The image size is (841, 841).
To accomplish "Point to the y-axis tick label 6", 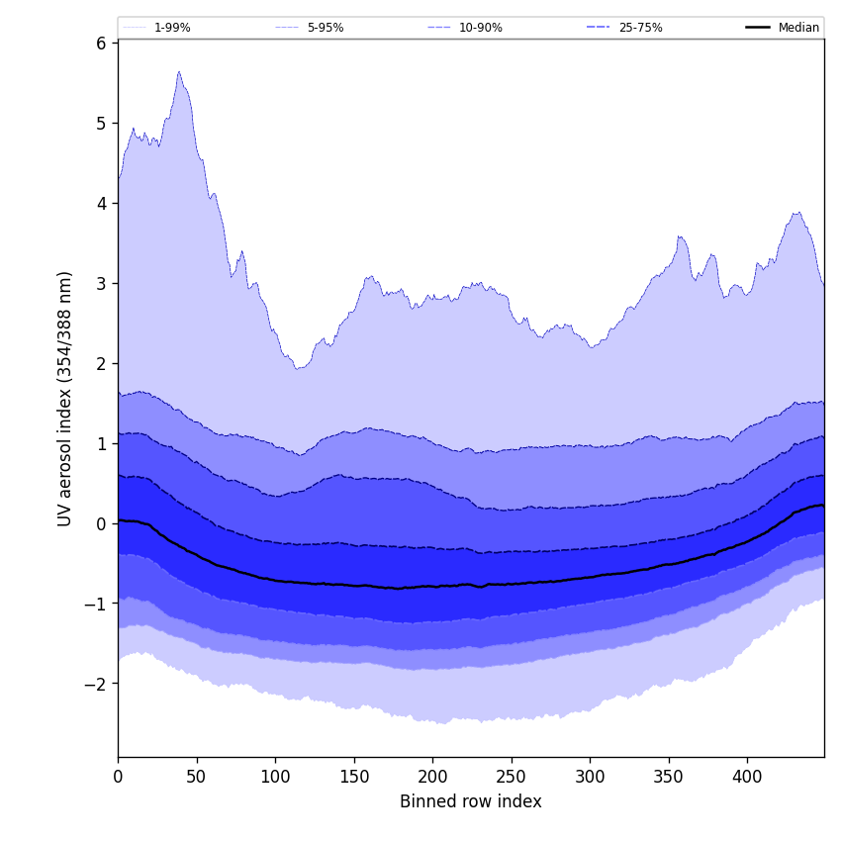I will [101, 44].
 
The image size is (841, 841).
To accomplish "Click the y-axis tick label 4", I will [101, 204].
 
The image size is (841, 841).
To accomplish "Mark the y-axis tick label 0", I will [101, 524].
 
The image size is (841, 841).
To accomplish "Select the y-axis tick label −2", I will [95, 685].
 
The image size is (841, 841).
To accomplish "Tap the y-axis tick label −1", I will [95, 605].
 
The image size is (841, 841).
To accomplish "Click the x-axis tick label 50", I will [197, 777].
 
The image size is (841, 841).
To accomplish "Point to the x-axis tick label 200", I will [432, 777].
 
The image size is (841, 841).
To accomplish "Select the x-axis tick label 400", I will [747, 777].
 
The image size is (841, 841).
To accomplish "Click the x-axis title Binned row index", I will [471, 802].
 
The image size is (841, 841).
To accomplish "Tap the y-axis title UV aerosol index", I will [65, 398].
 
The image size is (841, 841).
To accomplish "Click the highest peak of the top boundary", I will [179, 71].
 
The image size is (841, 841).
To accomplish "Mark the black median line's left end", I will [119, 520].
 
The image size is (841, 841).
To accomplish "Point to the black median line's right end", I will [823, 506].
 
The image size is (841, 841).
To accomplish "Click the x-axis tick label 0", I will [118, 777].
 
